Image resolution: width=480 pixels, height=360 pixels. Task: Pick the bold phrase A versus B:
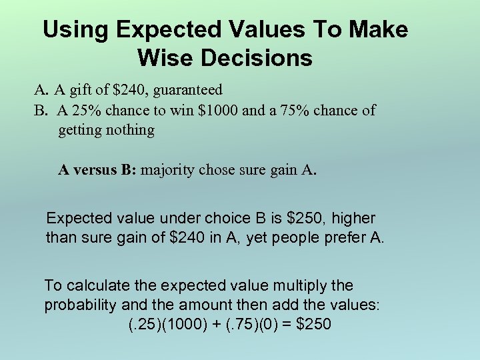pyautogui.click(x=97, y=170)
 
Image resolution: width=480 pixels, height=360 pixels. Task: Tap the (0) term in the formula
pyautogui.click(x=267, y=325)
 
